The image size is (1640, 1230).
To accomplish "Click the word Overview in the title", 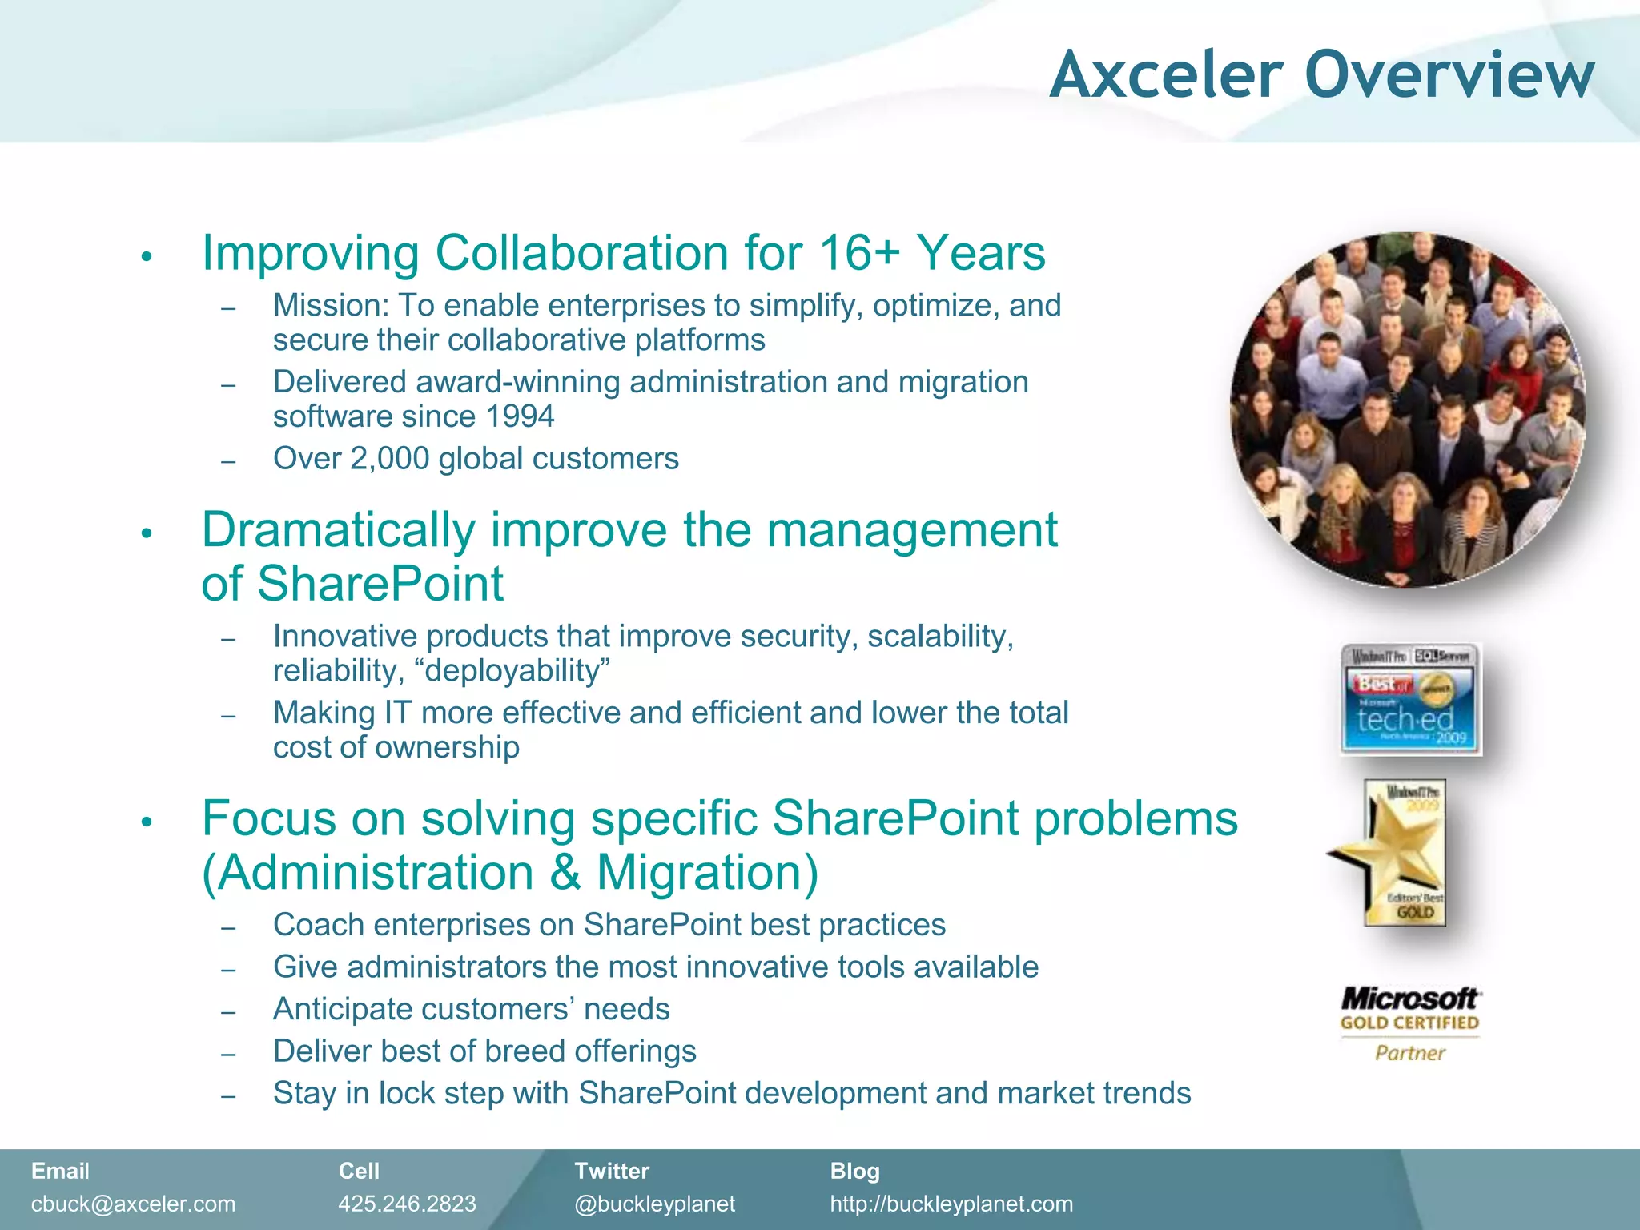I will click(1449, 75).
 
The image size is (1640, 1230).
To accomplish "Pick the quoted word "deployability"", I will click(512, 671).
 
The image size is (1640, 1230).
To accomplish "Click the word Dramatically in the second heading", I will click(339, 530).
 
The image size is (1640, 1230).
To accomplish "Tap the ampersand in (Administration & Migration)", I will click(565, 872).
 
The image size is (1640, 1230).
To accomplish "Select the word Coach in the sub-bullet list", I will click(318, 925).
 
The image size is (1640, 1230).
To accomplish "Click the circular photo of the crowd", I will click(1407, 410).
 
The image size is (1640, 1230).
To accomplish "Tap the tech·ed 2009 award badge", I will click(1410, 699).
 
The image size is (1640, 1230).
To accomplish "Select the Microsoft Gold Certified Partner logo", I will click(1410, 1024).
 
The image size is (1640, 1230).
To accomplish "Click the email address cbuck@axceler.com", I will click(133, 1204).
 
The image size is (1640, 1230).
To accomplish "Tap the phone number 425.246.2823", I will click(407, 1204).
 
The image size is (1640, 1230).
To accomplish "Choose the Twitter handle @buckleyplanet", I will click(654, 1204).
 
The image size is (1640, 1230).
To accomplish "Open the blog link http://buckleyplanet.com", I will click(951, 1204).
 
